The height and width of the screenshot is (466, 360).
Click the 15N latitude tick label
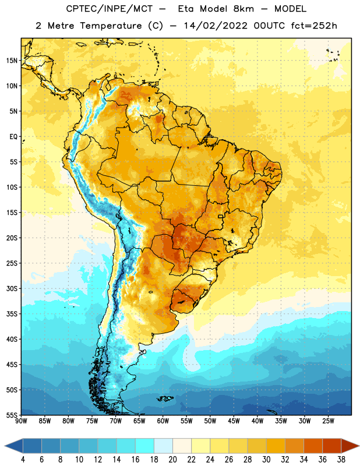(x=12, y=61)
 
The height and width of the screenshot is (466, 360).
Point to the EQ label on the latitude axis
(x=13, y=137)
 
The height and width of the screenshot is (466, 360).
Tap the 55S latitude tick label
(x=12, y=415)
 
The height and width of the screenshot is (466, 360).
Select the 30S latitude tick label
(x=12, y=288)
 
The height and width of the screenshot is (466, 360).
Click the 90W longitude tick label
(x=21, y=421)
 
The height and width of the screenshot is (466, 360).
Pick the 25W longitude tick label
(x=328, y=421)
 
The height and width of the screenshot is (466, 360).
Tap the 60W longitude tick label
(x=163, y=421)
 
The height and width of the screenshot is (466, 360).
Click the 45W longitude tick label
(x=234, y=421)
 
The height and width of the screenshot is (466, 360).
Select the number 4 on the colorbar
(x=23, y=460)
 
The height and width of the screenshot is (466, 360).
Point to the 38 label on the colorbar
(x=341, y=460)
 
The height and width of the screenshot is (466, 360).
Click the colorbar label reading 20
(x=172, y=460)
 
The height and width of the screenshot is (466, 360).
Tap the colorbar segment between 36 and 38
(x=332, y=447)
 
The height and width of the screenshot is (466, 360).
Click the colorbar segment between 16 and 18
(x=145, y=447)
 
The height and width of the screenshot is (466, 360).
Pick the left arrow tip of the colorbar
(x=5, y=447)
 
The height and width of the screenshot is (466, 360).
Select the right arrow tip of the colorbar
(x=359, y=447)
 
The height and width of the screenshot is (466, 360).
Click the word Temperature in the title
(x=111, y=26)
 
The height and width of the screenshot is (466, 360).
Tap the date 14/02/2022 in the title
(x=216, y=26)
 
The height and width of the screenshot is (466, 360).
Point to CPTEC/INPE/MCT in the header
(x=109, y=9)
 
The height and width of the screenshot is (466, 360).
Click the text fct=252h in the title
(x=314, y=26)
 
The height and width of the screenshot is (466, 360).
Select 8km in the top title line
(x=243, y=9)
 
